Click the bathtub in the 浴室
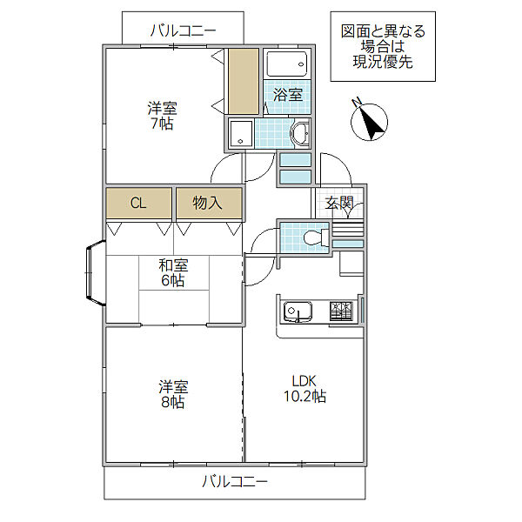coord(287,64)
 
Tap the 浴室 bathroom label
coord(288,95)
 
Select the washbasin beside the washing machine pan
coord(300,134)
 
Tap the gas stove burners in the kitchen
coord(341,310)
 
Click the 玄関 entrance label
coord(338,204)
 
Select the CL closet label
coord(138,204)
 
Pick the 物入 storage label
coord(207,204)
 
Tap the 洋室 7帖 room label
coord(162,116)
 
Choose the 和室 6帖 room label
coord(172,273)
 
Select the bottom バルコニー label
coord(235,481)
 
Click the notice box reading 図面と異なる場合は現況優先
coord(383,46)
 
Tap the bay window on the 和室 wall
coord(94,275)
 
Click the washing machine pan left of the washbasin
coord(241,135)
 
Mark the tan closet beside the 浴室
coord(244,81)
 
